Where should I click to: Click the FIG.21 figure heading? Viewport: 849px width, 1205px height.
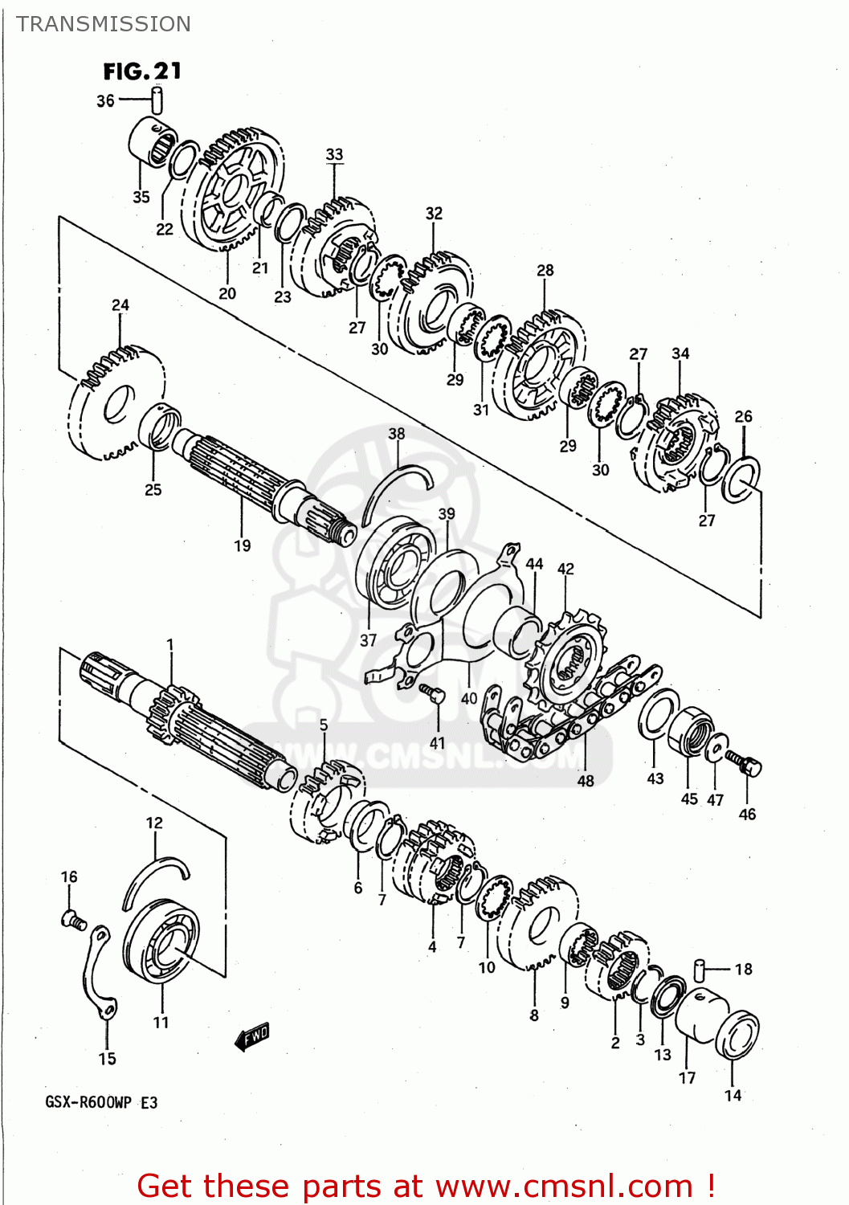(x=142, y=71)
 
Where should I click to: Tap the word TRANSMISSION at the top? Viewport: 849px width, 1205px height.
(x=104, y=24)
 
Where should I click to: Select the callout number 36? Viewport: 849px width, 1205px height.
(x=105, y=101)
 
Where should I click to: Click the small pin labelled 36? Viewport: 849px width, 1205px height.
(x=158, y=100)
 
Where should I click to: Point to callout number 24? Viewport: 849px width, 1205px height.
(x=120, y=305)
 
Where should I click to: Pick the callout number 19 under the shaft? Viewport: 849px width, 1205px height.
(x=242, y=546)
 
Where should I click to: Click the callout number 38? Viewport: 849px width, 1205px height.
(x=397, y=434)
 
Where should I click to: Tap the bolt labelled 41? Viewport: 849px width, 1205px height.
(x=435, y=694)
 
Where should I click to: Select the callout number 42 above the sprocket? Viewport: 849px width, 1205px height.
(x=565, y=569)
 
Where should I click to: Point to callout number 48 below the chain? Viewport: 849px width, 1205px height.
(x=586, y=780)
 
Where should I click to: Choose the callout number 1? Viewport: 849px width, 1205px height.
(x=170, y=644)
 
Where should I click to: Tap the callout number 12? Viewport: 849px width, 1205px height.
(x=154, y=823)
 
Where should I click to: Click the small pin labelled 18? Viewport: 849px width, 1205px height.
(x=700, y=968)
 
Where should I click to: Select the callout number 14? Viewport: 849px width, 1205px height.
(x=733, y=1095)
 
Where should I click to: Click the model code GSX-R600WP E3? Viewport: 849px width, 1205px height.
(x=101, y=1102)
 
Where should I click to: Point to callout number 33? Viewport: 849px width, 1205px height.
(x=334, y=154)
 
